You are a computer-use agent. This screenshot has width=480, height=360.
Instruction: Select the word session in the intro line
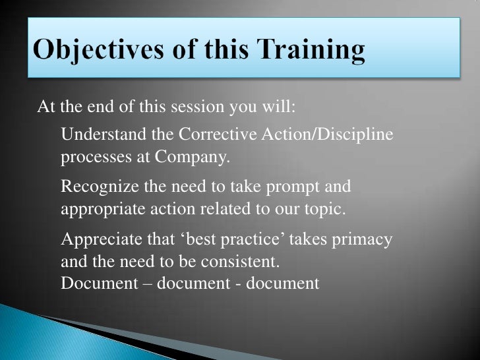point(198,107)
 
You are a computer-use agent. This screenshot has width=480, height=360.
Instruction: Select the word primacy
point(365,239)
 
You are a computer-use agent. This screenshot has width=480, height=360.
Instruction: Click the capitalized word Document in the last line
point(93,283)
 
